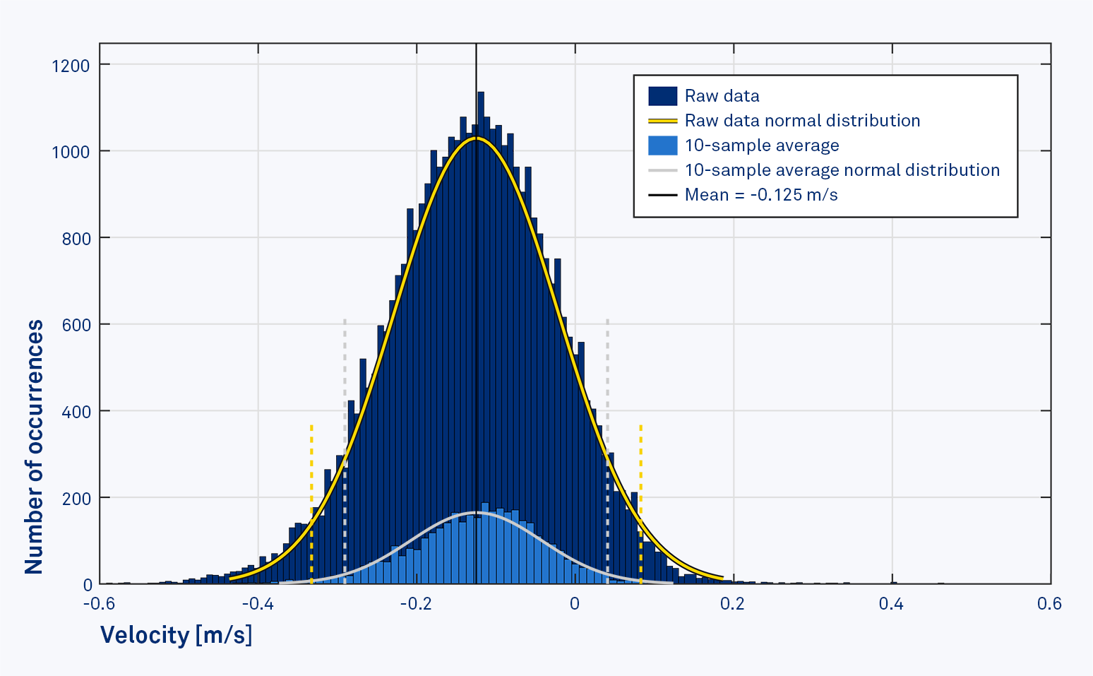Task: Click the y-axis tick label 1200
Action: tap(71, 66)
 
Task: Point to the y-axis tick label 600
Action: tap(76, 325)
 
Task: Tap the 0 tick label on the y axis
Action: tap(88, 585)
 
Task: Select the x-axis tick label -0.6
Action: tap(99, 604)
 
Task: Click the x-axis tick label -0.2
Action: tap(416, 604)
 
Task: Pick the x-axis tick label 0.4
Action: tap(891, 604)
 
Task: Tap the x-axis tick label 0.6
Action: tap(1049, 604)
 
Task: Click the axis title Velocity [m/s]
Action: tap(176, 635)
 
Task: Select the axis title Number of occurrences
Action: tap(34, 446)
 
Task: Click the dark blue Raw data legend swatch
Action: tap(662, 96)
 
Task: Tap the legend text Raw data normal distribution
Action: tap(802, 121)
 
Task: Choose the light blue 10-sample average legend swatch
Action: tap(662, 146)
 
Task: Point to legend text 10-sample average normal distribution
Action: tap(842, 170)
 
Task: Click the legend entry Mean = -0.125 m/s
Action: tap(761, 195)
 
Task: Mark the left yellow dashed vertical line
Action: tap(311, 466)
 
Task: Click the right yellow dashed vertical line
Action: tap(640, 466)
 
